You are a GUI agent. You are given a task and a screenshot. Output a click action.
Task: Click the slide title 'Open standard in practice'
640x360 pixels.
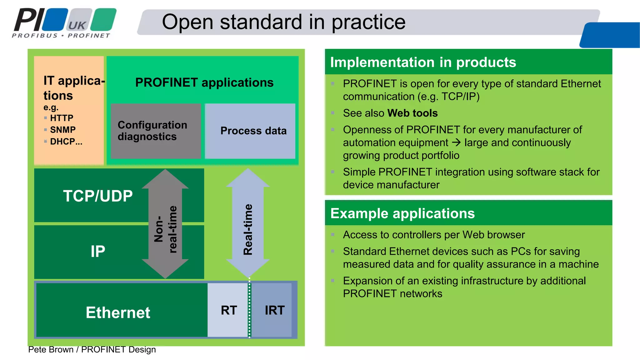click(x=283, y=22)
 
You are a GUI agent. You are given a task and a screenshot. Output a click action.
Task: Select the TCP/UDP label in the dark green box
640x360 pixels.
click(x=98, y=196)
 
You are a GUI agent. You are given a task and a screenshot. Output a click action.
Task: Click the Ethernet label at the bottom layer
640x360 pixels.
click(x=118, y=312)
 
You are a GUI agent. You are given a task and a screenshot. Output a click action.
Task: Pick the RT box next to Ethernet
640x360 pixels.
click(x=229, y=310)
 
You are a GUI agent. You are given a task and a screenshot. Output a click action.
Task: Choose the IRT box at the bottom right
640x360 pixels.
click(x=274, y=310)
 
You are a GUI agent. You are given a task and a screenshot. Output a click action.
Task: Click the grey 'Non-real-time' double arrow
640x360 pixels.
click(x=165, y=224)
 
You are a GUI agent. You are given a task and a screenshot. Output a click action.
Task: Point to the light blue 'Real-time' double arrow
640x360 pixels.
click(x=248, y=224)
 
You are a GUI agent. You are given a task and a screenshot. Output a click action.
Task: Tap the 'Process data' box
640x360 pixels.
click(x=253, y=131)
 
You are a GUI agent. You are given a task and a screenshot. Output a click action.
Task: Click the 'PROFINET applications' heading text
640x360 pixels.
click(x=204, y=82)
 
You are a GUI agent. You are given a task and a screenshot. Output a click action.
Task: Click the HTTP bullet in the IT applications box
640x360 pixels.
click(x=62, y=118)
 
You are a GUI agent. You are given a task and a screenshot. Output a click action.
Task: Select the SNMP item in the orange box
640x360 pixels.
click(x=62, y=130)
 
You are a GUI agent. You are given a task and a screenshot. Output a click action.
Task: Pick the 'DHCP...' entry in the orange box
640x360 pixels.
click(x=66, y=142)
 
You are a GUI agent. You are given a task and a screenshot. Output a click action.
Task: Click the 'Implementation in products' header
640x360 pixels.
click(x=423, y=62)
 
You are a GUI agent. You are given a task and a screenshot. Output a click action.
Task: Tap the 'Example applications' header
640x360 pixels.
click(x=402, y=213)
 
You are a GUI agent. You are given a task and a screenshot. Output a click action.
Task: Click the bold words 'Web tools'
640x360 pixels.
click(x=412, y=113)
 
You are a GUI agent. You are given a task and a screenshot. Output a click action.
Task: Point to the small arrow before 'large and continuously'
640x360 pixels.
click(x=456, y=143)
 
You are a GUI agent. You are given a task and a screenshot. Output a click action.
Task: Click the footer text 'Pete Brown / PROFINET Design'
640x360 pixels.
click(x=92, y=349)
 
